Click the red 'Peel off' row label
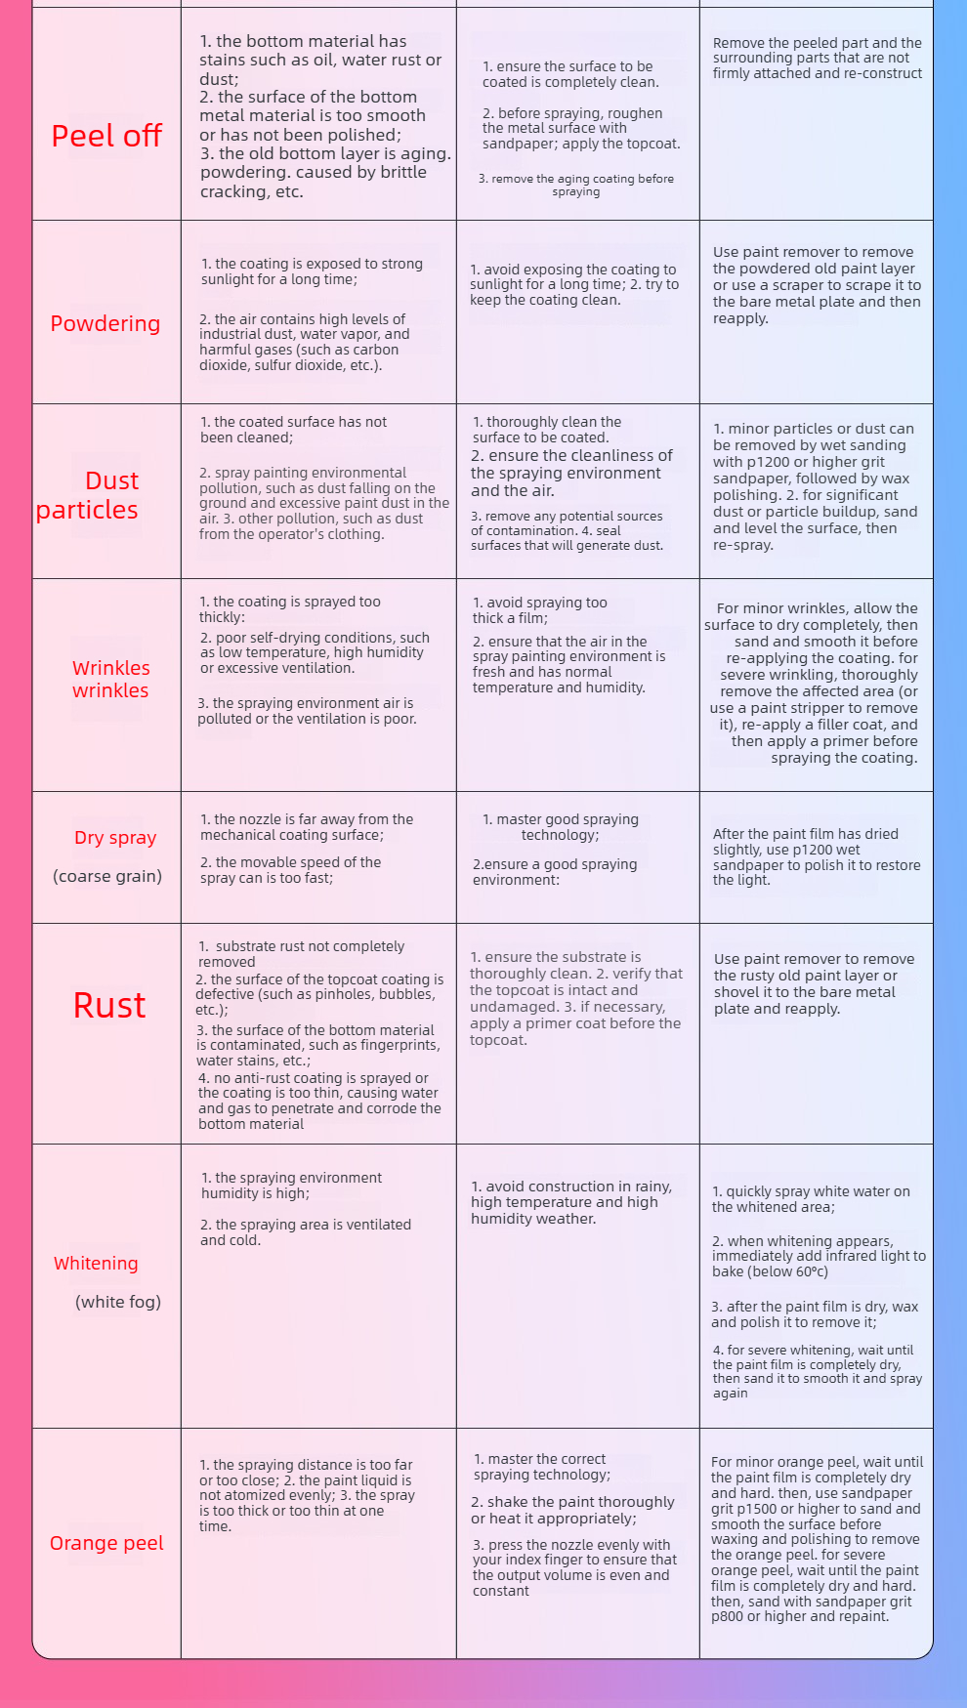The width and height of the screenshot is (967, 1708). click(106, 136)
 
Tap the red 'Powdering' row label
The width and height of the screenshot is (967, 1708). click(105, 323)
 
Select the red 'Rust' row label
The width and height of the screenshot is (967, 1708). click(109, 1005)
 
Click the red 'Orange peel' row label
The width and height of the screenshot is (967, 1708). click(106, 1543)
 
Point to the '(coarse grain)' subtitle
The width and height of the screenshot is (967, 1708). click(107, 876)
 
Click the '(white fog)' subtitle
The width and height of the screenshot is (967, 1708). click(118, 1302)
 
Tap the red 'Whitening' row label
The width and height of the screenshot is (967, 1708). click(96, 1263)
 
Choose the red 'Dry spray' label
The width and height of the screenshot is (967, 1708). click(115, 838)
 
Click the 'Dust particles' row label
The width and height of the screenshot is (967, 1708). click(87, 495)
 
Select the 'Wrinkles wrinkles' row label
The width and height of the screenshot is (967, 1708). click(111, 679)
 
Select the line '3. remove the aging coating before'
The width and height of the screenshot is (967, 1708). click(576, 179)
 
